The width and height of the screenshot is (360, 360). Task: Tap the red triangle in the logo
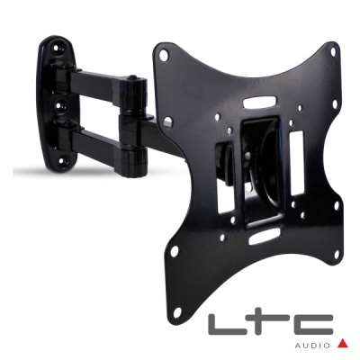tap(342, 343)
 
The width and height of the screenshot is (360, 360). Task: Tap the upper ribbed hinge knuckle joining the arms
tap(138, 91)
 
